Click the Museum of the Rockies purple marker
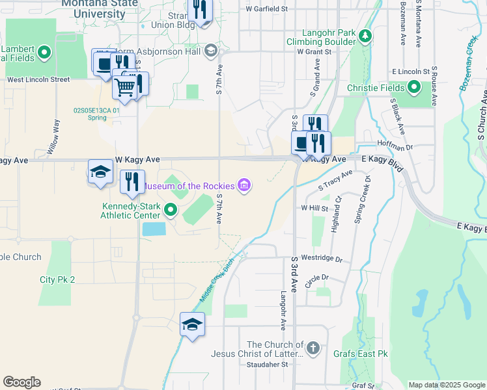(244, 186)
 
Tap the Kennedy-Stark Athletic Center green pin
(171, 209)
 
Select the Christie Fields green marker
(415, 88)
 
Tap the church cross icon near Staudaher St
(313, 349)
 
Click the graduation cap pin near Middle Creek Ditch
(192, 324)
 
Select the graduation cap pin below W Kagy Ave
(100, 172)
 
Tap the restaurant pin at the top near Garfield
(200, 10)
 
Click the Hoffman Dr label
(390, 148)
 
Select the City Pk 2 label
(57, 279)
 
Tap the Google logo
(21, 382)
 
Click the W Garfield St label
(267, 9)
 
